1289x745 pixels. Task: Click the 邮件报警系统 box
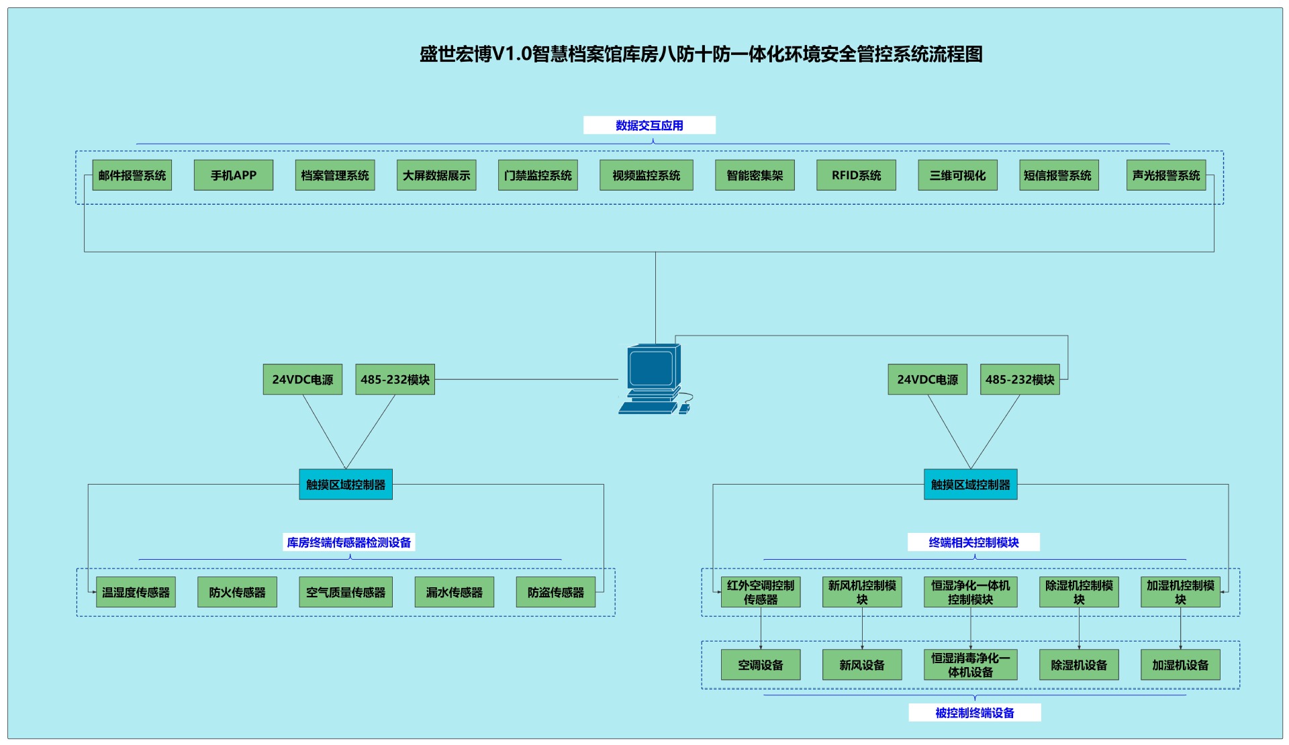pyautogui.click(x=132, y=175)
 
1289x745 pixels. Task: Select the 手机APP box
pyautogui.click(x=233, y=175)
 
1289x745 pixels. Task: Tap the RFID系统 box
pyautogui.click(x=856, y=175)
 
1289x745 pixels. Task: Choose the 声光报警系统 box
pyautogui.click(x=1165, y=175)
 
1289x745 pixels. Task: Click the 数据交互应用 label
pyautogui.click(x=649, y=126)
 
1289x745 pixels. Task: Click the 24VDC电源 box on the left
pyautogui.click(x=302, y=379)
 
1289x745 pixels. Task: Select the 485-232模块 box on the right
pyautogui.click(x=1019, y=379)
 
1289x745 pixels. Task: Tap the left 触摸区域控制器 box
pyautogui.click(x=345, y=485)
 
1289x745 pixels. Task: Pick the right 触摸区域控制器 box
pyautogui.click(x=970, y=485)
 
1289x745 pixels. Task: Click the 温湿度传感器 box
pyautogui.click(x=136, y=592)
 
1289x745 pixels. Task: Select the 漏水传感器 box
pyautogui.click(x=454, y=592)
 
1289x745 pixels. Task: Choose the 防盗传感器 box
pyautogui.click(x=555, y=592)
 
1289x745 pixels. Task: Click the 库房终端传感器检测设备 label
pyautogui.click(x=348, y=542)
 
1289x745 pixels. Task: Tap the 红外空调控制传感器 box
pyautogui.click(x=760, y=592)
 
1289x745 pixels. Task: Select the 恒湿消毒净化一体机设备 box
pyautogui.click(x=970, y=664)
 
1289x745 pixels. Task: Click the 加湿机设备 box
pyautogui.click(x=1180, y=664)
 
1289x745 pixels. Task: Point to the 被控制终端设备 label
pyautogui.click(x=974, y=713)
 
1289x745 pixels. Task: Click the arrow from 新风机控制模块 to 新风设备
pyautogui.click(x=862, y=628)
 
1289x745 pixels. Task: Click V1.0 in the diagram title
pyautogui.click(x=512, y=54)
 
